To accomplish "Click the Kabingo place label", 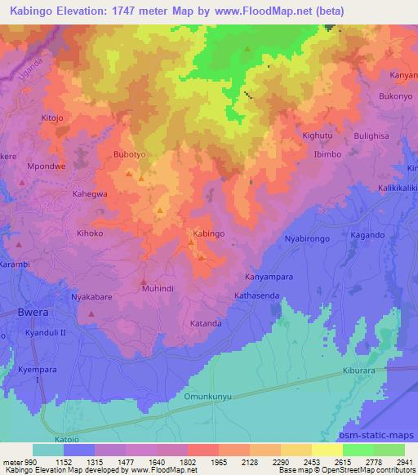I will click(209, 233).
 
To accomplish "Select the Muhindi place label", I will click(158, 288).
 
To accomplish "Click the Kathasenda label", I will click(257, 295).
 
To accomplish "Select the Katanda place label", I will click(206, 324).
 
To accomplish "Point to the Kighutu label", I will click(318, 133).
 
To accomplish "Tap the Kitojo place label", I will click(51, 118).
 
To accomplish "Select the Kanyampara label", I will click(269, 277).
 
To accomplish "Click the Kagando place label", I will click(367, 234).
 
